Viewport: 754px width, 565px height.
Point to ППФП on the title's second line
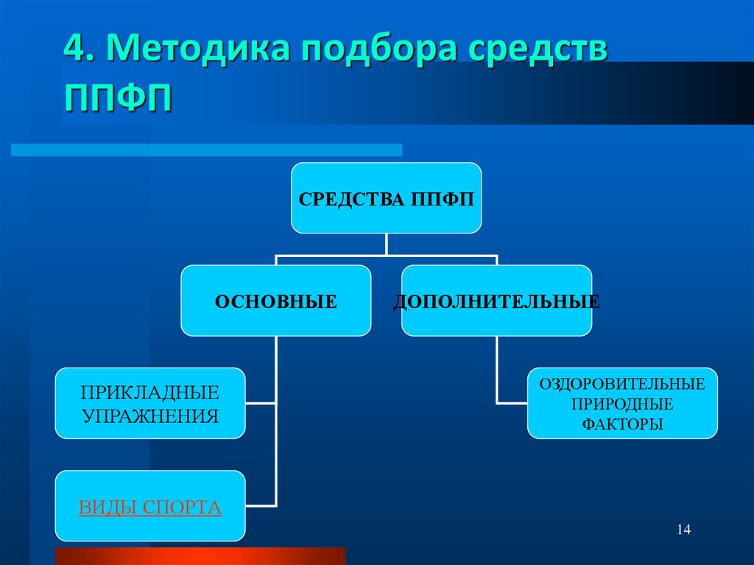tap(119, 99)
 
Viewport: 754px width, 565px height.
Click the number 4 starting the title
tap(74, 52)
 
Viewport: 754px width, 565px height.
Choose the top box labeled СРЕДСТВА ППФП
tap(386, 198)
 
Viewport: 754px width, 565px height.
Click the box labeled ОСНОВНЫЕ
tap(276, 301)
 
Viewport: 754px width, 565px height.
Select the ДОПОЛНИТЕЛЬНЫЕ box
tap(496, 301)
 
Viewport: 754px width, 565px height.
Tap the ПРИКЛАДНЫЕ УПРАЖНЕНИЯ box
tap(150, 403)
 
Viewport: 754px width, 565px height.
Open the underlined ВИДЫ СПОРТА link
tap(150, 507)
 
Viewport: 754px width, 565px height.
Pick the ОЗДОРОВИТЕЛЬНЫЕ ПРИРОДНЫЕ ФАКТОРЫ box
tap(622, 403)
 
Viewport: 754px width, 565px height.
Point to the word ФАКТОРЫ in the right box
tap(622, 424)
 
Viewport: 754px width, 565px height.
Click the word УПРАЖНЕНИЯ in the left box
tap(150, 415)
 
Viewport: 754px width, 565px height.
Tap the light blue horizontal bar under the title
tap(206, 150)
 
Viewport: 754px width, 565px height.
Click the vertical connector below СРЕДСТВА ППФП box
tap(386, 245)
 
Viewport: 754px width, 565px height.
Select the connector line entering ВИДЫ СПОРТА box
tap(261, 506)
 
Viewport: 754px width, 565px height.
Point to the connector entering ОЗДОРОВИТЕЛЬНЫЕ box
tap(512, 403)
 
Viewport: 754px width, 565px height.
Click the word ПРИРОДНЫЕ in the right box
tap(622, 404)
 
